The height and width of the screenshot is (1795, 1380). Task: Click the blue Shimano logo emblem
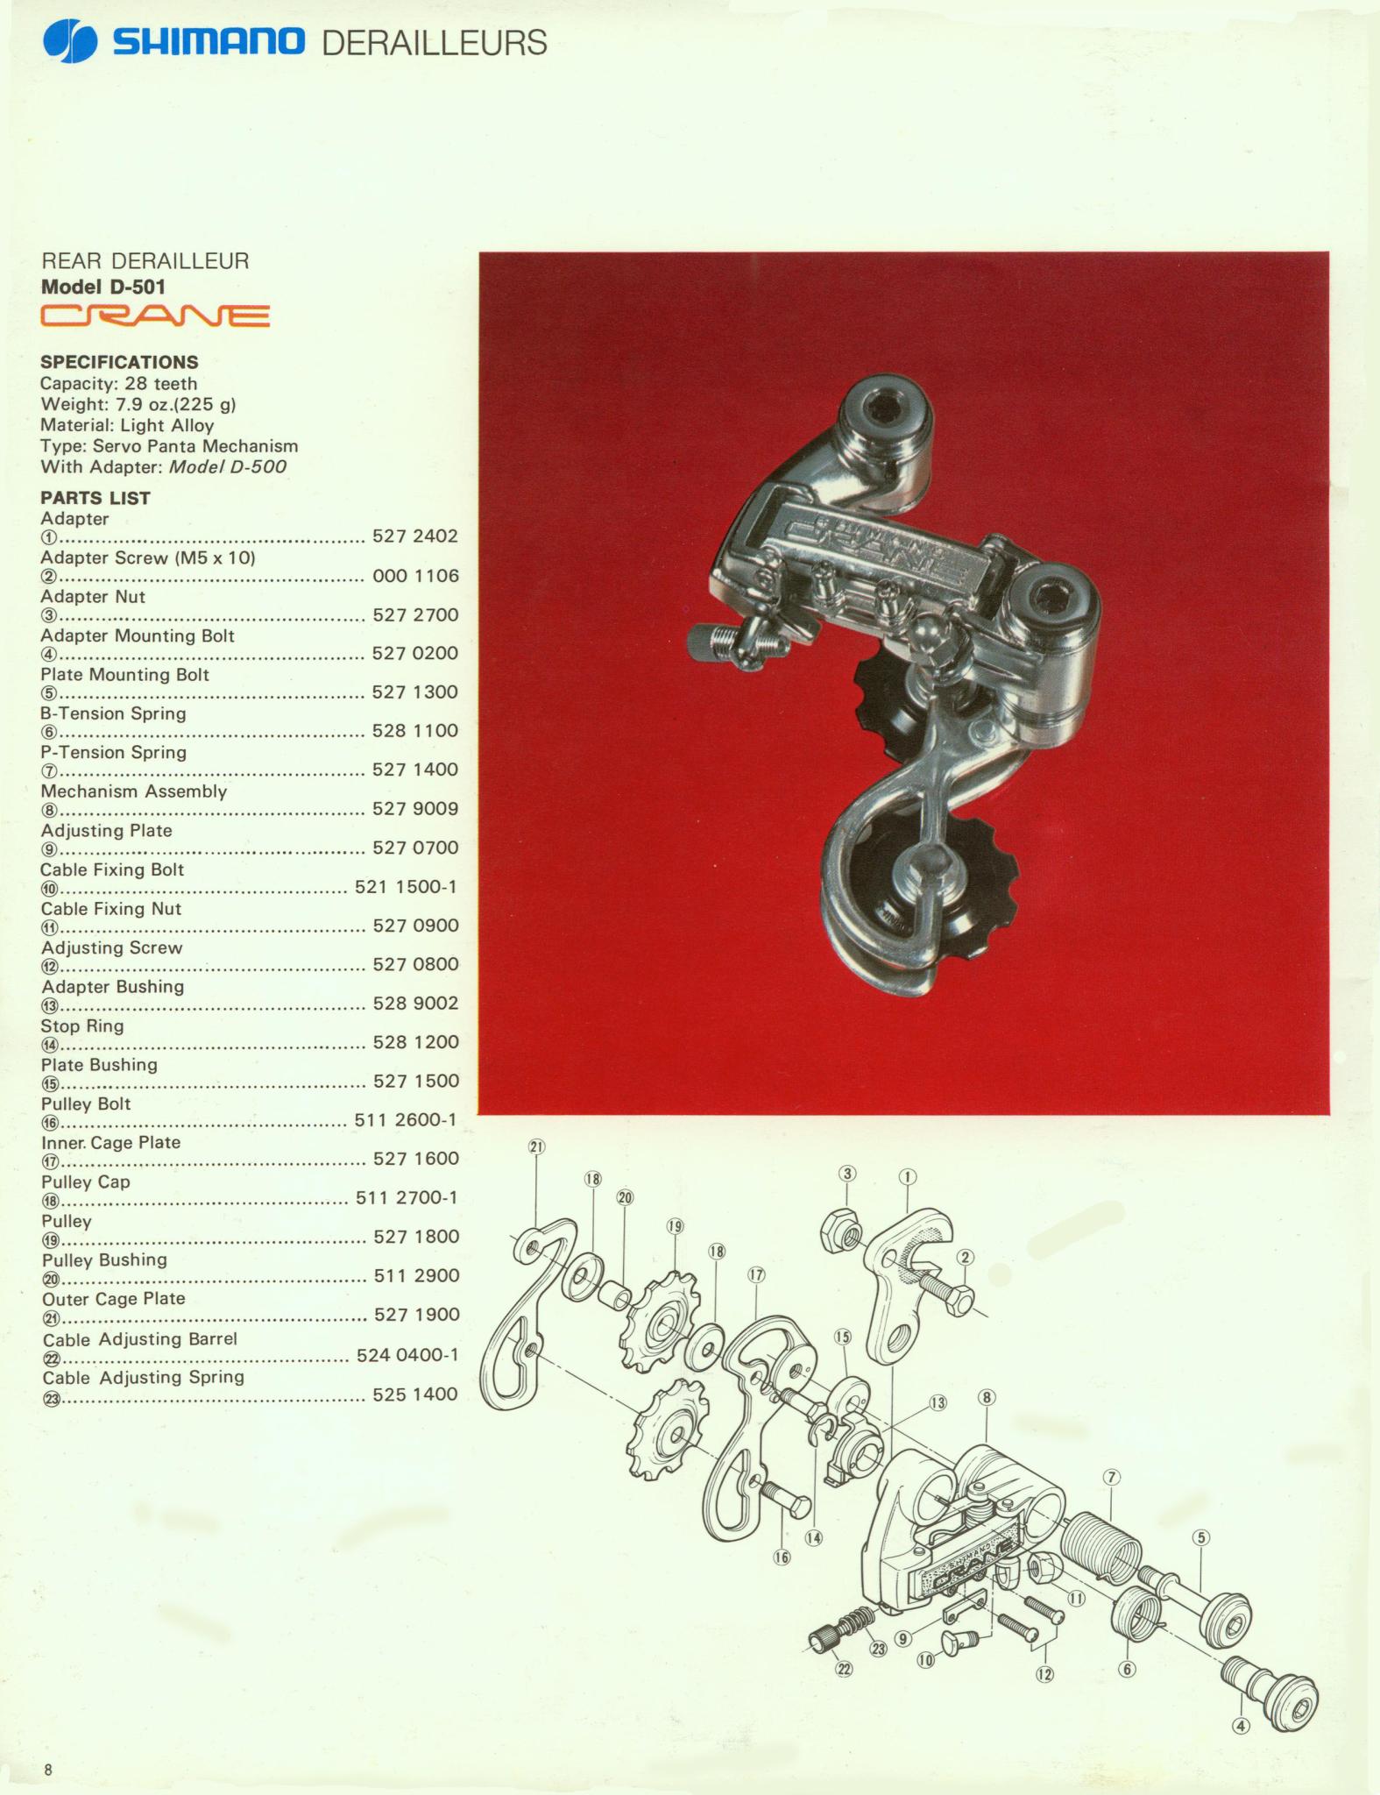click(x=68, y=41)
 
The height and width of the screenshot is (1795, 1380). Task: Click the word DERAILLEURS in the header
click(x=435, y=43)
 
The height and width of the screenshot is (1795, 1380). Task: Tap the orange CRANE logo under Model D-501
click(x=155, y=316)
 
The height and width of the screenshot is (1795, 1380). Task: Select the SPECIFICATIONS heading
click(x=119, y=362)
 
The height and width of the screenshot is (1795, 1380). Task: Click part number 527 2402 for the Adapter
click(x=415, y=536)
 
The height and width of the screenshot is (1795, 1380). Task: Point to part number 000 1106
click(x=415, y=576)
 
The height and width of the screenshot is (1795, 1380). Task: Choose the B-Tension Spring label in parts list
click(x=114, y=713)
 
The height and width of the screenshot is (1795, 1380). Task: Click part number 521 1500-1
click(x=407, y=886)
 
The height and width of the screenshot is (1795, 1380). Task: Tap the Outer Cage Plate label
click(x=114, y=1298)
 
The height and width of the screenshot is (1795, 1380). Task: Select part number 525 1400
click(x=415, y=1394)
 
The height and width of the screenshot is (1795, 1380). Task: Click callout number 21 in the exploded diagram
click(x=537, y=1146)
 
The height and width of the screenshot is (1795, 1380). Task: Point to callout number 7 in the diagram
click(x=1111, y=1477)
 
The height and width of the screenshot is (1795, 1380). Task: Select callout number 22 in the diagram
click(x=844, y=1669)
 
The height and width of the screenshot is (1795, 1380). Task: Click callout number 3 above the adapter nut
click(x=847, y=1174)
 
